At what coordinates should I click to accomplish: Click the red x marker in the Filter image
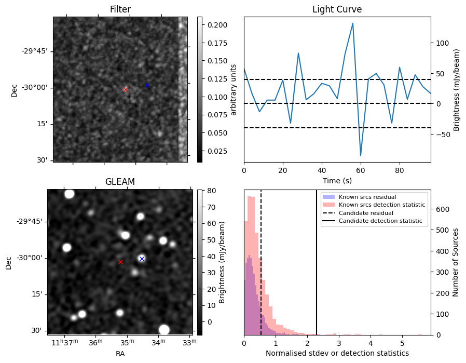[126, 90]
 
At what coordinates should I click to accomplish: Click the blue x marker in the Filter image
[147, 85]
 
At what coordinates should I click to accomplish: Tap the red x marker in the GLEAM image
[120, 262]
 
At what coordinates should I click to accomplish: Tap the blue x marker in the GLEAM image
[142, 259]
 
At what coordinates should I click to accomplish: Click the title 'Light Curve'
[337, 9]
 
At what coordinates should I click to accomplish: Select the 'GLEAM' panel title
[120, 182]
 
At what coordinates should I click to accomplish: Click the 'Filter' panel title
[120, 9]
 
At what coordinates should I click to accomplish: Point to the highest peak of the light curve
[353, 23]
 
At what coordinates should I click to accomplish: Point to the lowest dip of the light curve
[361, 155]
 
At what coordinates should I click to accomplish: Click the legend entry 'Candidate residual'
[366, 213]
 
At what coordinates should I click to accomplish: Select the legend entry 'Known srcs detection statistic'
[381, 205]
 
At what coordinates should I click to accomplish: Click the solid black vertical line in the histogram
[317, 260]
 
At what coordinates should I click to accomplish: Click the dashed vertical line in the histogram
[261, 260]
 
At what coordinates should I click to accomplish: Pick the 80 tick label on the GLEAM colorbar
[210, 191]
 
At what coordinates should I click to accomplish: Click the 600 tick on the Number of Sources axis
[442, 209]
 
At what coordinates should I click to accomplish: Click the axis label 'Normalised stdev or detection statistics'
[337, 353]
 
